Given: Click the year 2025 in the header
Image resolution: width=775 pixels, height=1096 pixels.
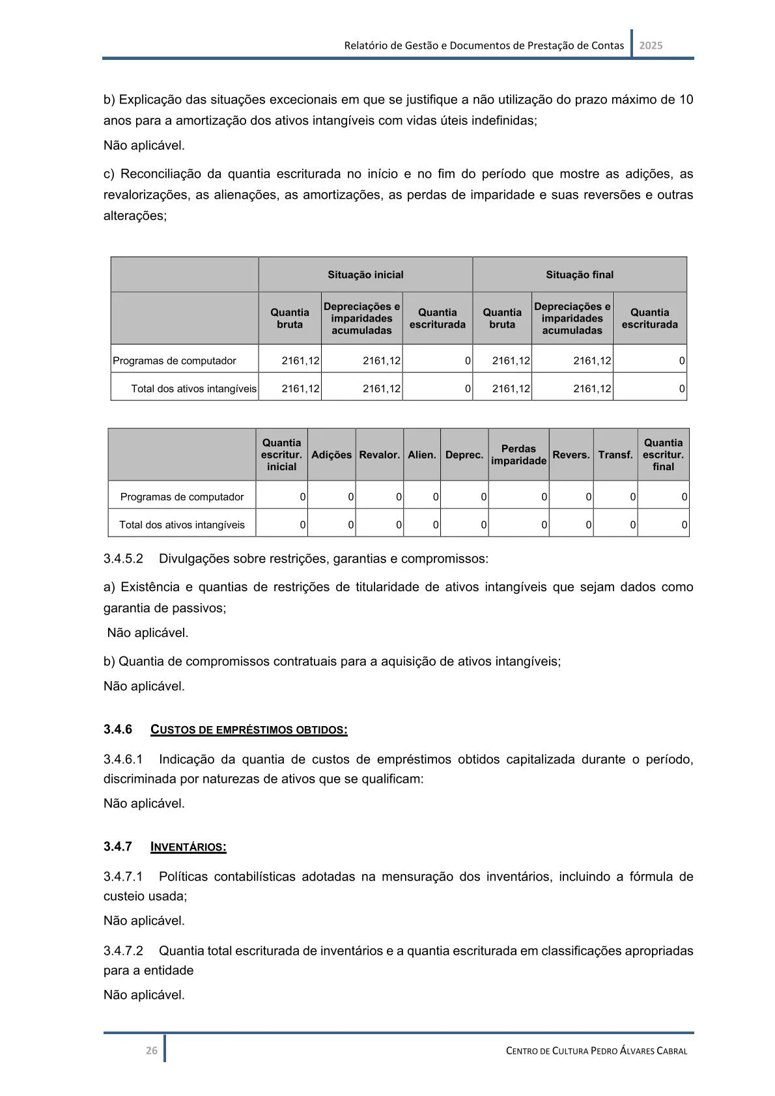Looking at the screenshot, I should click(651, 46).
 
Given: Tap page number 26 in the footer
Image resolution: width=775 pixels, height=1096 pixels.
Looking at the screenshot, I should click(151, 1050).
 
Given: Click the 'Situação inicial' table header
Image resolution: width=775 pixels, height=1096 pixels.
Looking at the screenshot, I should click(365, 275).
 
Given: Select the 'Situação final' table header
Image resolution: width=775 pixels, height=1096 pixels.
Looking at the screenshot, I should click(580, 275).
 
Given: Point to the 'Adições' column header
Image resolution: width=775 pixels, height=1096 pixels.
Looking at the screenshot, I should click(331, 455).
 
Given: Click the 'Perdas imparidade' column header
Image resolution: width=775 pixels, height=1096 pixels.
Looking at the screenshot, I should click(518, 455).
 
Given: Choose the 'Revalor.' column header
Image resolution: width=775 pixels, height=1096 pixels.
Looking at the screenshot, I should click(379, 455).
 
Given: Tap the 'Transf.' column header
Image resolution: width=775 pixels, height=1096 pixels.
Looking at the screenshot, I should click(615, 455).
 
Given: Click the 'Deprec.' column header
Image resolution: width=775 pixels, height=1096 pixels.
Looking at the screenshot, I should click(464, 455).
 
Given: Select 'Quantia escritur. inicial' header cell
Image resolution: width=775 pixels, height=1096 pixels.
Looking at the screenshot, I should click(281, 455).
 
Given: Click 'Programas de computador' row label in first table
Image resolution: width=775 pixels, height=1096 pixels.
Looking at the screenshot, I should click(175, 361).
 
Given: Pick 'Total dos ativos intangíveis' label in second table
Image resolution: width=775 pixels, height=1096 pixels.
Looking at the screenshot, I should click(182, 525).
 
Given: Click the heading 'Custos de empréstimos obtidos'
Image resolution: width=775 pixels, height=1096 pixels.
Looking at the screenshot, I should click(249, 729).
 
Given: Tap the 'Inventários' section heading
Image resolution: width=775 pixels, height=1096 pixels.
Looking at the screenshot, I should click(188, 847).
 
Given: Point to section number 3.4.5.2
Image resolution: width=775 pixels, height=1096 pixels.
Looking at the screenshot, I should click(123, 559).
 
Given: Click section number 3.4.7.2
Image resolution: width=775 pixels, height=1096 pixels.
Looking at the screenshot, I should click(123, 951).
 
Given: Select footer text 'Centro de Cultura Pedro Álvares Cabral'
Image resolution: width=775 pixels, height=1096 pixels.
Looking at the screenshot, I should click(596, 1050).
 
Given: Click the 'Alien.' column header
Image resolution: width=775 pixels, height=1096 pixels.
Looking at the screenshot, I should click(422, 455).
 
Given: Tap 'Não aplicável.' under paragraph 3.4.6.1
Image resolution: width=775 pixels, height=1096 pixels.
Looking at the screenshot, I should click(144, 804).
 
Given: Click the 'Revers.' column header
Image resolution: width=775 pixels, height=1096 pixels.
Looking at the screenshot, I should click(571, 455).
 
